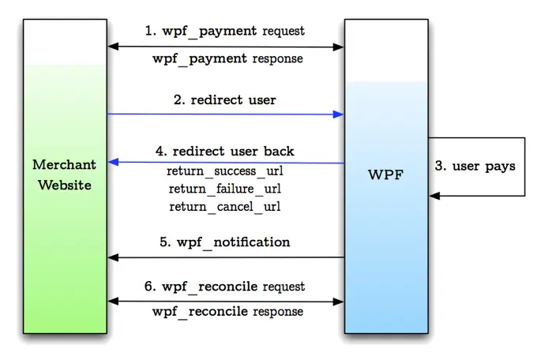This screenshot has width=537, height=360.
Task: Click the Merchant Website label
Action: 65,174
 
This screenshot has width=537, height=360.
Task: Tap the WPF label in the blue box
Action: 385,174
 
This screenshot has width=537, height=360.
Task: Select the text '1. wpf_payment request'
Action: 225,31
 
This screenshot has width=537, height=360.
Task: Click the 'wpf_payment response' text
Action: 227,58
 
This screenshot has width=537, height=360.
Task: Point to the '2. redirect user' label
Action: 225,100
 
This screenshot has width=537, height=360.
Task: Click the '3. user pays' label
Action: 475,166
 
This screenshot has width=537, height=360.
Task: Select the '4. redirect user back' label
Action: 225,151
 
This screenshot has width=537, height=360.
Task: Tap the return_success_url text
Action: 225,171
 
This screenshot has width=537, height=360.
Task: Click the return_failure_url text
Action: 225,189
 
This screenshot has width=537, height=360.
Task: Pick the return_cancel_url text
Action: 225,207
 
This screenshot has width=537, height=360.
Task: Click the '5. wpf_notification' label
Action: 225,242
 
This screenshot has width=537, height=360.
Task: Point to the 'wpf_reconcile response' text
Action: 227,312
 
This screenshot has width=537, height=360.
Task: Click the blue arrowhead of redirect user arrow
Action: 339,114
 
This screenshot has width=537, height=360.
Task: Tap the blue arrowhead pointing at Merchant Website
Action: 113,162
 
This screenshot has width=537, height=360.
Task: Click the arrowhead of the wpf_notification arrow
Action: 113,257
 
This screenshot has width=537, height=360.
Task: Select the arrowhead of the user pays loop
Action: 434,195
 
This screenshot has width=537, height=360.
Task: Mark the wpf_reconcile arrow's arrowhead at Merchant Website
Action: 113,301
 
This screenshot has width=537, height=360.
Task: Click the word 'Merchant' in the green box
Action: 65,165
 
